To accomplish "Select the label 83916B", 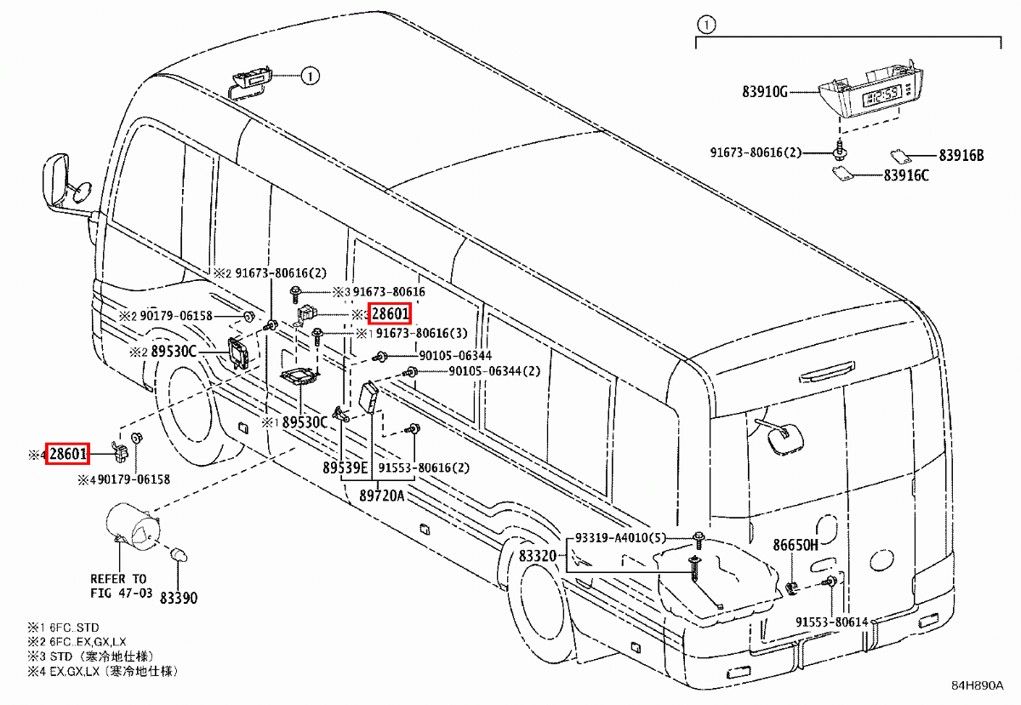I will click(961, 156).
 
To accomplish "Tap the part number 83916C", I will click(905, 176).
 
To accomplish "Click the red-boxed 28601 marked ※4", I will click(67, 454).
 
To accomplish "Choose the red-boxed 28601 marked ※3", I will click(390, 315).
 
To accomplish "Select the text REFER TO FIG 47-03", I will click(118, 585).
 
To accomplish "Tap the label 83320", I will click(537, 556).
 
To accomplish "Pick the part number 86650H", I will click(795, 545).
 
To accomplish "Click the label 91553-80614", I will click(831, 622).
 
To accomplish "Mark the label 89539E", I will click(345, 467).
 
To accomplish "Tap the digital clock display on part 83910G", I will click(881, 95).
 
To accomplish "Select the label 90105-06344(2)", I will click(493, 371).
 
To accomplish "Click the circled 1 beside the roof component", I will click(310, 77).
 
